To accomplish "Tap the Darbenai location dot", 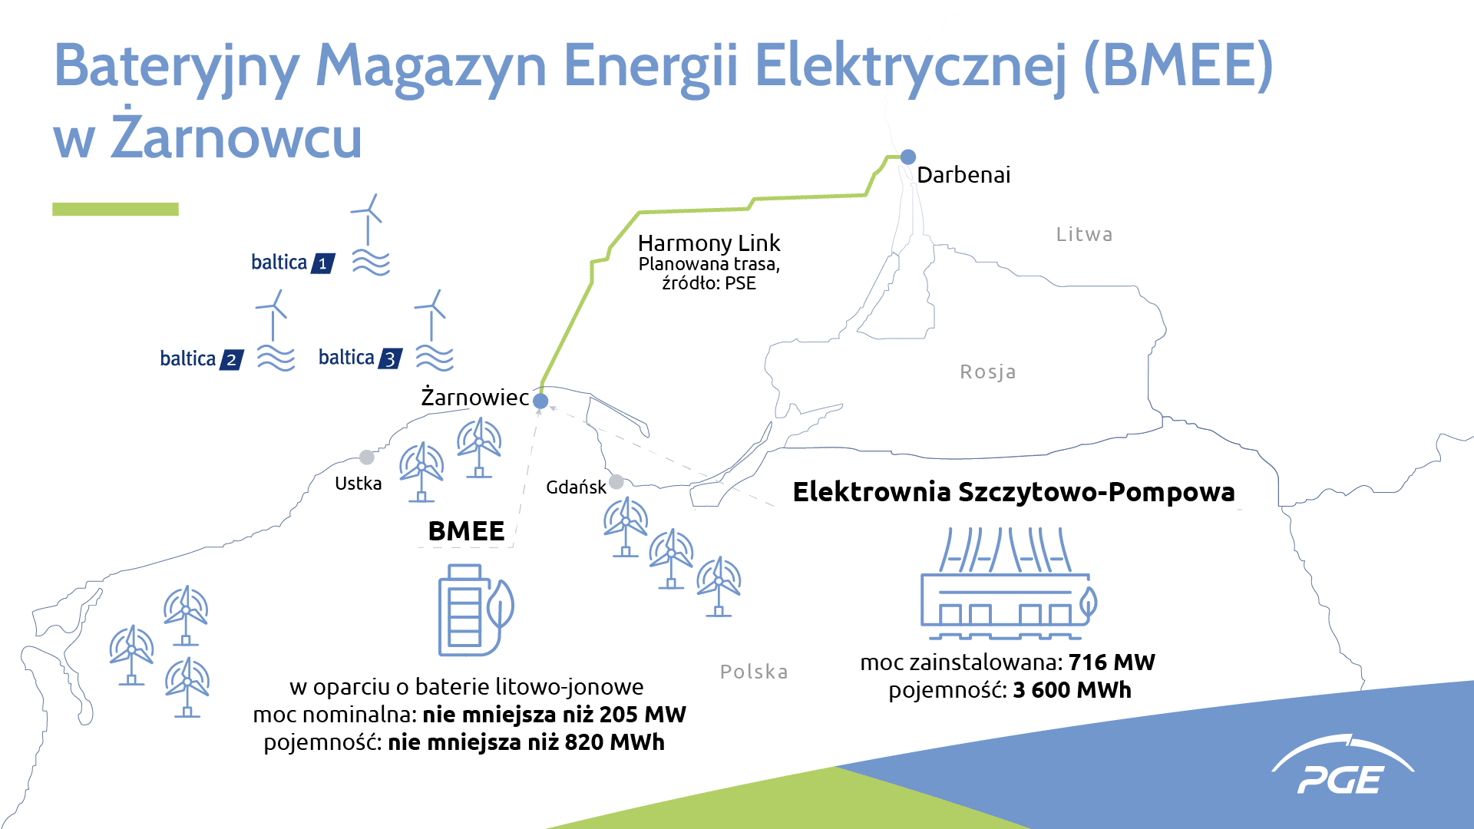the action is pyautogui.click(x=908, y=157).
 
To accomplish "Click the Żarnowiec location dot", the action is pyautogui.click(x=540, y=401).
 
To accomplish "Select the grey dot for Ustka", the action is pyautogui.click(x=367, y=457).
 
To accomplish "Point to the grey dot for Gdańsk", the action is pyautogui.click(x=616, y=482).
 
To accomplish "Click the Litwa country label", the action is pyautogui.click(x=1084, y=234).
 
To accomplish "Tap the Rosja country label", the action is pyautogui.click(x=988, y=372).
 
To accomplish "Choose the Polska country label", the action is pyautogui.click(x=754, y=672).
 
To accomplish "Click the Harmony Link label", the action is pyautogui.click(x=709, y=243).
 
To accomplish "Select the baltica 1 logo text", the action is pyautogui.click(x=292, y=263).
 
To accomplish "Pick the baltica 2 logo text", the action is pyautogui.click(x=201, y=358).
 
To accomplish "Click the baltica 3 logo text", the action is pyautogui.click(x=360, y=358).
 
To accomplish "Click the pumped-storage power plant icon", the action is pyautogui.click(x=1009, y=583).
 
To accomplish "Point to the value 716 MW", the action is pyautogui.click(x=1112, y=662).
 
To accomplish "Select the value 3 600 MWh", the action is pyautogui.click(x=1072, y=689).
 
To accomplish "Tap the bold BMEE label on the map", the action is pyautogui.click(x=466, y=531).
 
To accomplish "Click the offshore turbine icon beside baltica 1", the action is pyautogui.click(x=370, y=234).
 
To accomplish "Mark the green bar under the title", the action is pyautogui.click(x=115, y=209).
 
